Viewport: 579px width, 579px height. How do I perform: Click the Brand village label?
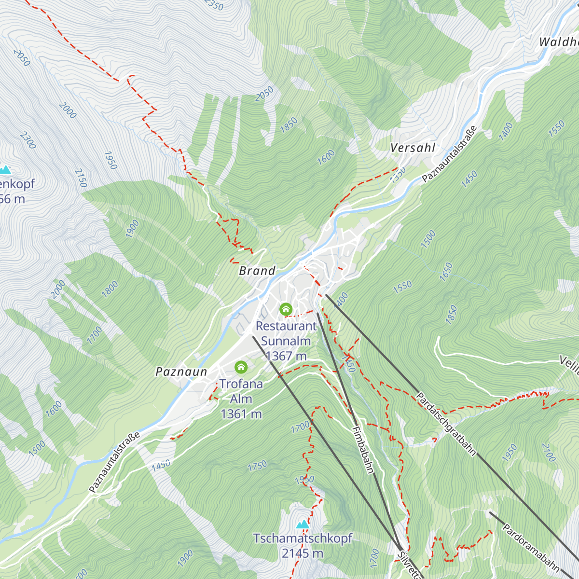click(257, 271)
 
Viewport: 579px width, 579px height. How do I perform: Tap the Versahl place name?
click(413, 148)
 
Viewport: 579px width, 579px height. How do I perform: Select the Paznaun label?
click(181, 372)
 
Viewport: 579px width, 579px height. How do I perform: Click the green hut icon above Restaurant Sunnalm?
click(286, 309)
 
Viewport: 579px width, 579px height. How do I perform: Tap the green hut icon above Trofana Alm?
click(241, 368)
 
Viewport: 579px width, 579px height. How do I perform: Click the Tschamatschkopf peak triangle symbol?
click(303, 524)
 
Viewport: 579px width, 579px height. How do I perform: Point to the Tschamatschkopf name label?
click(303, 538)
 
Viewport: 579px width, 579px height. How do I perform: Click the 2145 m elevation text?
click(303, 553)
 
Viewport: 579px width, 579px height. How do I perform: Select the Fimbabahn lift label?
click(363, 450)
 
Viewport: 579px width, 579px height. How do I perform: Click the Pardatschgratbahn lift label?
click(446, 424)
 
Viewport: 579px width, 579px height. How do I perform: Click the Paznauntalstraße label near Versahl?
click(449, 154)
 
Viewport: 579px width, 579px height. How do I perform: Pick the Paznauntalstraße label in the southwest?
click(114, 462)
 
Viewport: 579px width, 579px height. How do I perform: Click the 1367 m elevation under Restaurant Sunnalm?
click(286, 356)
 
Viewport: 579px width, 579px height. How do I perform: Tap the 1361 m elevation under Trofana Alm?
click(241, 414)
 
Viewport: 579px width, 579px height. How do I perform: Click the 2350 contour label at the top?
click(213, 5)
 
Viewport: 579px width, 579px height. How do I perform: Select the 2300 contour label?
click(28, 140)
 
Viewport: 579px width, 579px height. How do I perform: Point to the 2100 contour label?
click(549, 452)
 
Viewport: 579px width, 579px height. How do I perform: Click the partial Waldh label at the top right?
click(558, 42)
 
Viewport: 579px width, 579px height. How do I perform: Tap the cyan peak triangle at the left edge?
click(5, 170)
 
